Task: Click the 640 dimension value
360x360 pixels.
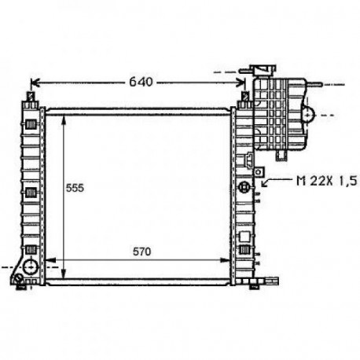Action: pyautogui.click(x=141, y=82)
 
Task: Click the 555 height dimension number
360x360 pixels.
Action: pyautogui.click(x=75, y=188)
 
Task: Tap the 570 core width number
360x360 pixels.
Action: pyautogui.click(x=141, y=252)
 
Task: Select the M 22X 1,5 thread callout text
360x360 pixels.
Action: pyautogui.click(x=327, y=181)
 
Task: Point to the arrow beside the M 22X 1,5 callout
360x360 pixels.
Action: pyautogui.click(x=277, y=182)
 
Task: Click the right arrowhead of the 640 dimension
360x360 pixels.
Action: pyautogui.click(x=241, y=83)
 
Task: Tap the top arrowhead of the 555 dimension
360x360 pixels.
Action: pyautogui.click(x=64, y=120)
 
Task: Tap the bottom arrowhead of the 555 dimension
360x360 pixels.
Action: pyautogui.click(x=64, y=274)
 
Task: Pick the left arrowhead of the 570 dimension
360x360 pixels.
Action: pyautogui.click(x=50, y=260)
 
